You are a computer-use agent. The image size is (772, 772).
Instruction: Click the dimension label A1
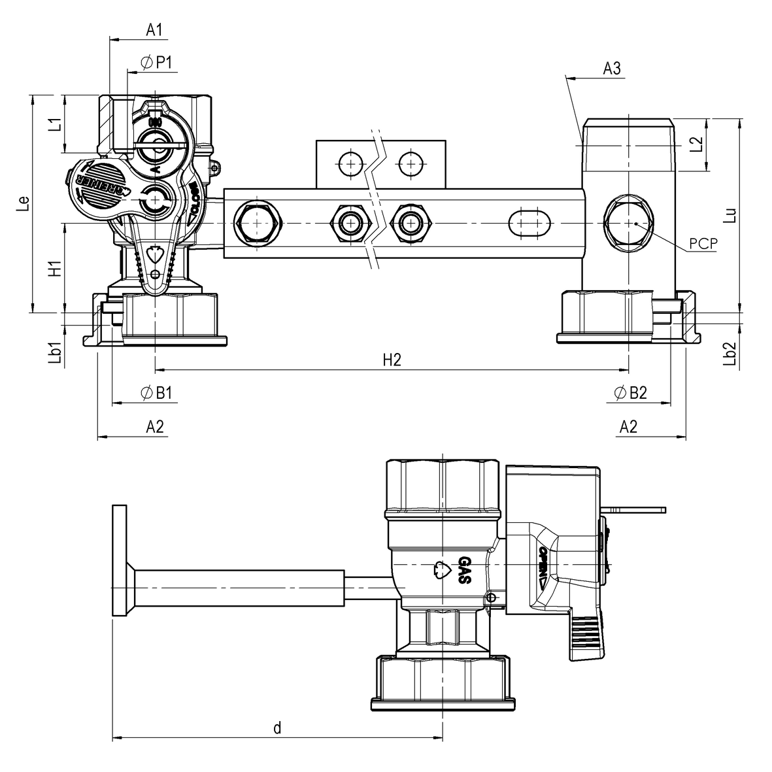154,29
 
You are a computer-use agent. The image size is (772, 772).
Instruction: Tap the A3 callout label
612,68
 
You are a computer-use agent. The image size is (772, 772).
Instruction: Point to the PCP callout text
703,244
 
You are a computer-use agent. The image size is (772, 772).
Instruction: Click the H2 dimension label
391,360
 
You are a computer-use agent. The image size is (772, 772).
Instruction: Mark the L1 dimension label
56,124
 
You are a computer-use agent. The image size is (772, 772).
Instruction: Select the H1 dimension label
56,267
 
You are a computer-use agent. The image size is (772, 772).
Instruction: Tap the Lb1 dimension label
56,352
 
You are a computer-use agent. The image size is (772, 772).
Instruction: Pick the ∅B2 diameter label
630,393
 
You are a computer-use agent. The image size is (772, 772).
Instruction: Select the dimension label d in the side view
277,728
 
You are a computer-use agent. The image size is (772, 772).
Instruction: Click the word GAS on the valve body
465,571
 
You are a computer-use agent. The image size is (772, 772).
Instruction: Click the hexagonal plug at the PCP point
628,223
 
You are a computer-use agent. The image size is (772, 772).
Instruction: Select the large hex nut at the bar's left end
258,223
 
